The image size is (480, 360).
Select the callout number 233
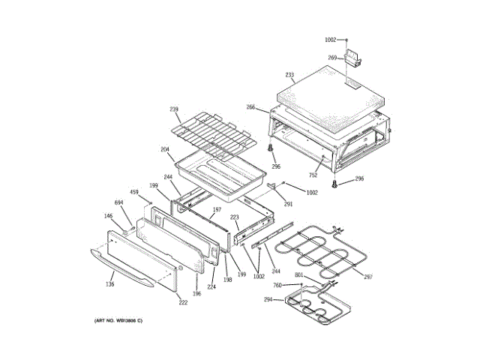tap(289, 75)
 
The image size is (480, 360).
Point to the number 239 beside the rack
tap(174, 109)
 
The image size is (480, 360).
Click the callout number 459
tap(134, 193)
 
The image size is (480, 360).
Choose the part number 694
tap(118, 203)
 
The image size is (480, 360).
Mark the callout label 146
tap(108, 216)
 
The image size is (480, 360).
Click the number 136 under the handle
tap(110, 283)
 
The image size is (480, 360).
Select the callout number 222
tap(183, 302)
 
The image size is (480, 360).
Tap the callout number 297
tap(368, 277)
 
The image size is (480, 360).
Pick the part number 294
tap(268, 300)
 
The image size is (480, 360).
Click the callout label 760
tap(277, 285)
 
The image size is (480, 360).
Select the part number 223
tap(234, 217)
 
